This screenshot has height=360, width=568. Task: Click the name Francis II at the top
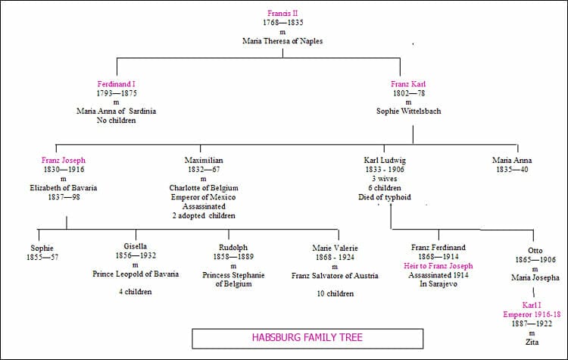(283, 13)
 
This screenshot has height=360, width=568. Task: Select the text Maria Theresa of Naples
(283, 41)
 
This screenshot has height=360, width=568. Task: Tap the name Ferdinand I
(116, 83)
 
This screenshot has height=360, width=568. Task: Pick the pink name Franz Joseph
(64, 161)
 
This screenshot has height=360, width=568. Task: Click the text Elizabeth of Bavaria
(64, 188)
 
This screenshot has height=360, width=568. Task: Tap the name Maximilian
(204, 161)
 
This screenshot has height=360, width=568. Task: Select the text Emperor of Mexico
(204, 197)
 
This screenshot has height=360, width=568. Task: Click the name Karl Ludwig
(385, 161)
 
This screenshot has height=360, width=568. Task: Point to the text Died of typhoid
(385, 197)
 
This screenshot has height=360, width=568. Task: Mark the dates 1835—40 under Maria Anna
(512, 170)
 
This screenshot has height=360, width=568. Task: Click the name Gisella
(136, 246)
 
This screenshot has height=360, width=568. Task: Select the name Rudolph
(229, 246)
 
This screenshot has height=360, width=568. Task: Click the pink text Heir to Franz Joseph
(438, 266)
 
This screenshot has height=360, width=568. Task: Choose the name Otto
(535, 251)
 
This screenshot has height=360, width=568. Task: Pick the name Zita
(534, 342)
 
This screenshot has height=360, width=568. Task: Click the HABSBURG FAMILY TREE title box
(307, 338)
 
